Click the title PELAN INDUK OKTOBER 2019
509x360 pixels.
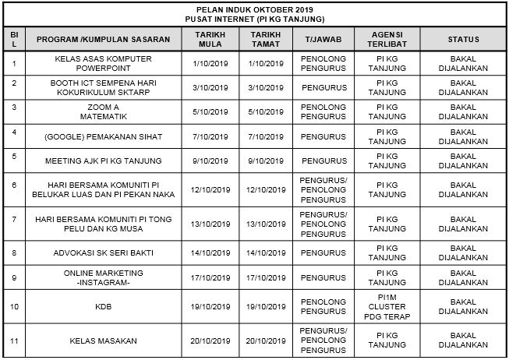coord(255,9)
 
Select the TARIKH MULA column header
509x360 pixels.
coord(210,40)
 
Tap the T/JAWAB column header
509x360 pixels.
coord(323,40)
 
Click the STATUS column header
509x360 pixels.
coord(463,40)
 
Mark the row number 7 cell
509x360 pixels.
coord(14,219)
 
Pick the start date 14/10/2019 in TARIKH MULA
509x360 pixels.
coord(210,253)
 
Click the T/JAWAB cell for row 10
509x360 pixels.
coord(323,307)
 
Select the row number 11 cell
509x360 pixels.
coord(14,341)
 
